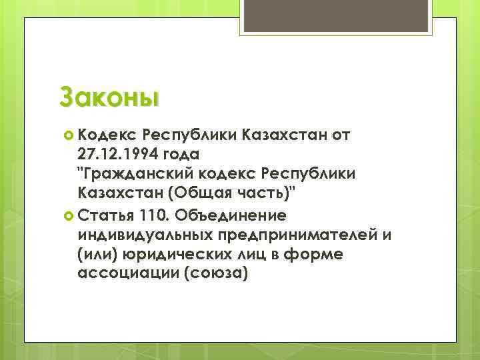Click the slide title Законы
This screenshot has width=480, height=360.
click(109, 96)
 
